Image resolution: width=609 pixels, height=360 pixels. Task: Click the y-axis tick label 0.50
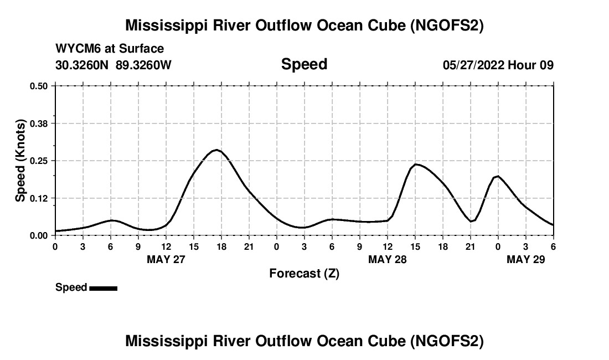pos(39,86)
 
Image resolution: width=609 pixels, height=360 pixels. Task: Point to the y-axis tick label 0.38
pos(39,123)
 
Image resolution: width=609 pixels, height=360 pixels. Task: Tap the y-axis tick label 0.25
pos(39,161)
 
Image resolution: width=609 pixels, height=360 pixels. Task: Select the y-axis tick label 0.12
pos(39,198)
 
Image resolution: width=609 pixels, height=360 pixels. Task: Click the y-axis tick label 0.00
pos(39,235)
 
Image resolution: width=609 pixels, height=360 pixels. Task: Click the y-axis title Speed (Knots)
pos(20,161)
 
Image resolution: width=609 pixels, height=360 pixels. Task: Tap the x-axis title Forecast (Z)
pos(304,273)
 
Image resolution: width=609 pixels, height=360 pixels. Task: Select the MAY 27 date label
pos(166,259)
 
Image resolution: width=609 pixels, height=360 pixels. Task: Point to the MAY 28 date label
pos(388,259)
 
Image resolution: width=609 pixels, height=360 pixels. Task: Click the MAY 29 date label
pos(526,259)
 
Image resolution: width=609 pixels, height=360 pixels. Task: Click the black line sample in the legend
pos(103,288)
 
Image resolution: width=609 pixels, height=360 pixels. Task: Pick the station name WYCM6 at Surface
pos(110,49)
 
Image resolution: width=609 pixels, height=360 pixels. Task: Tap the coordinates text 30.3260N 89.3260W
pos(113,65)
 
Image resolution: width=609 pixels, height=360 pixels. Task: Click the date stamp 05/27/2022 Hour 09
pos(498,65)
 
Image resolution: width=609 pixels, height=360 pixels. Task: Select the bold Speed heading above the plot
pos(304,64)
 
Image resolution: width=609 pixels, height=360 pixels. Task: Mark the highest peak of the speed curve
pos(216,150)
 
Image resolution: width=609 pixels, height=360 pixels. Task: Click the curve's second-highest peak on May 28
pos(416,164)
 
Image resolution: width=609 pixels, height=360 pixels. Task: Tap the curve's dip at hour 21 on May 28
pos(471,222)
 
